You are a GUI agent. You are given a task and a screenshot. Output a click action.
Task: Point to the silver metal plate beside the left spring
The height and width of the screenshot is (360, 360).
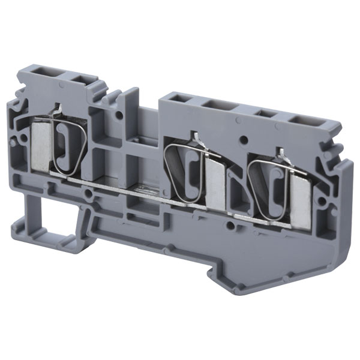(x=40, y=144)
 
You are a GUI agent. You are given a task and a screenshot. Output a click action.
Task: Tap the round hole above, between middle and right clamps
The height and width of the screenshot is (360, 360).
(x=244, y=139)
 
